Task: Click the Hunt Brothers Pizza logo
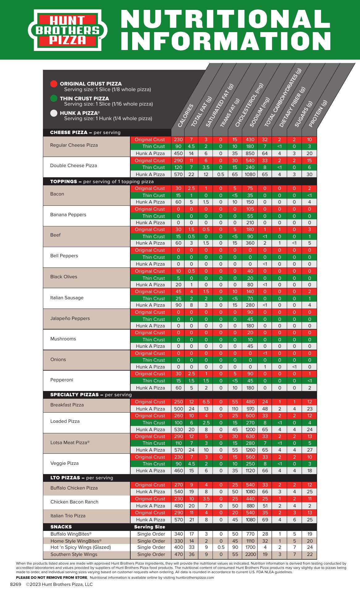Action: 68,30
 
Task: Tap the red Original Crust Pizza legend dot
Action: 54,84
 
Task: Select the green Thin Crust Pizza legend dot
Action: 54,99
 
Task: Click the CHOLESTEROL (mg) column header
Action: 249,105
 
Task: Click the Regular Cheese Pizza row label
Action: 74,145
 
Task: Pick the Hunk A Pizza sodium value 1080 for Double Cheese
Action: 250,174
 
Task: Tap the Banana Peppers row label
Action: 68,215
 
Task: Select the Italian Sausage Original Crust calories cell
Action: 178,292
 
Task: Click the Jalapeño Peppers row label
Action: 70,318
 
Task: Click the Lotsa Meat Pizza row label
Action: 70,443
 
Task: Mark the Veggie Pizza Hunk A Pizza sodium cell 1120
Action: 250,471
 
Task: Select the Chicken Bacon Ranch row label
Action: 74,502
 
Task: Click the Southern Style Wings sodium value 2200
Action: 250,554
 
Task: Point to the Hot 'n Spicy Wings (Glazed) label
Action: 81,547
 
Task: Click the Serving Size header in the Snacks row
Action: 149,527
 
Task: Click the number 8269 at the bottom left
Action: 15,584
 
